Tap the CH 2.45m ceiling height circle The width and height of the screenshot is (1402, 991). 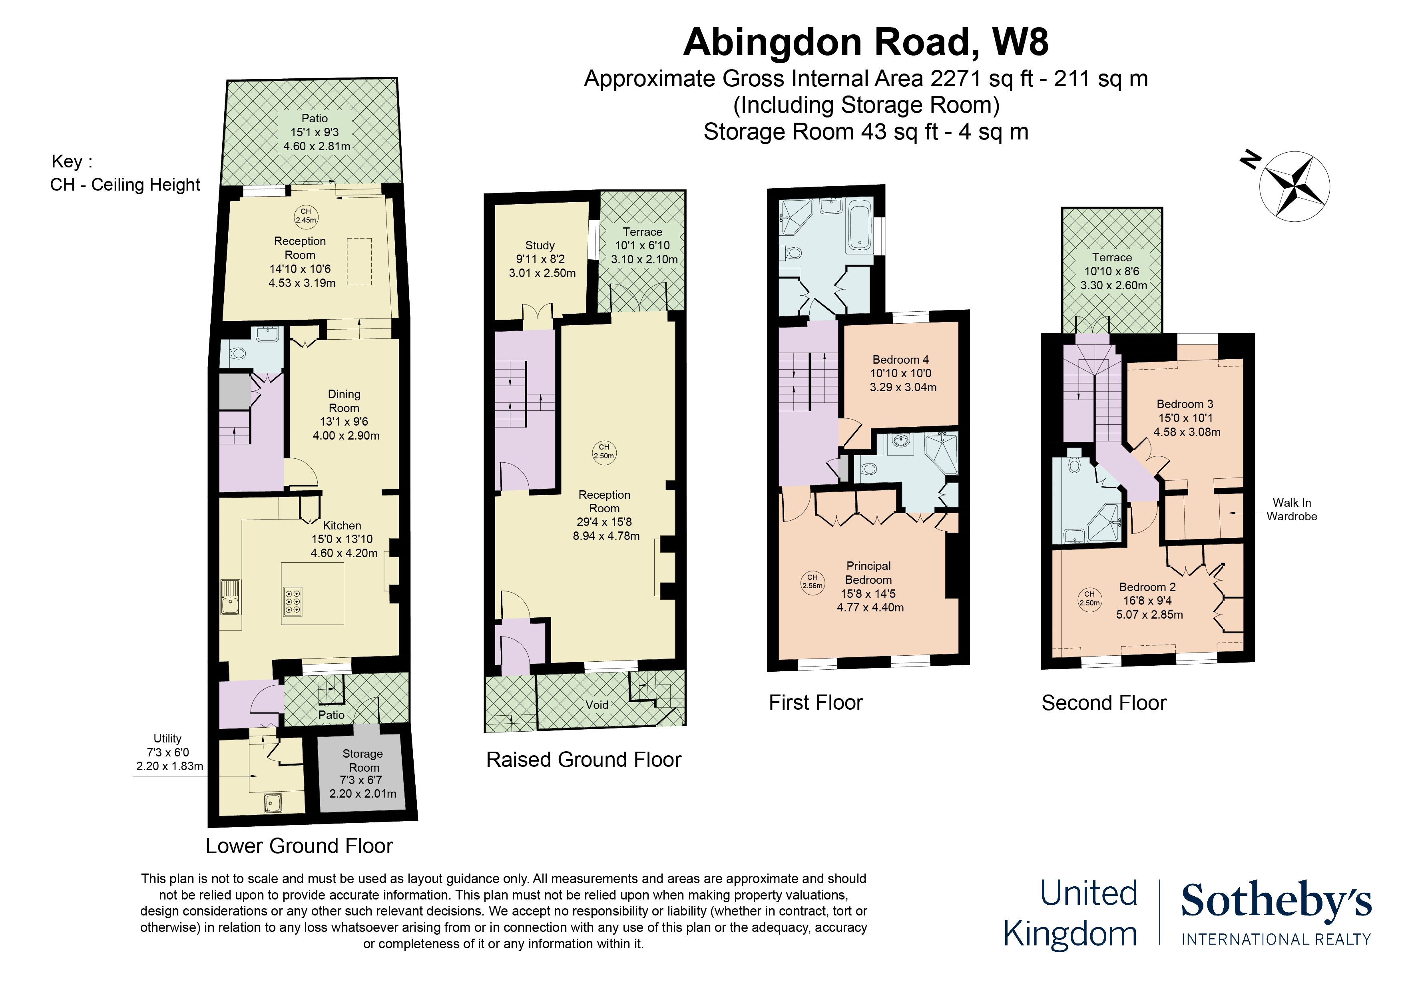[306, 216]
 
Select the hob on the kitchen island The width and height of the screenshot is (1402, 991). [293, 601]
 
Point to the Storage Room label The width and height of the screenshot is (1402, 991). [363, 760]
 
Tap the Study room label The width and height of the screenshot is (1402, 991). [540, 245]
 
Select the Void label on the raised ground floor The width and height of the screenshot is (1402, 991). [597, 704]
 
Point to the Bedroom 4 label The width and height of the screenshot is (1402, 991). [901, 360]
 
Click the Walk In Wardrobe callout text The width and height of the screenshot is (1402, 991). [1291, 509]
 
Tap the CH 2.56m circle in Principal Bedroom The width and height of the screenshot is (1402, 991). [812, 581]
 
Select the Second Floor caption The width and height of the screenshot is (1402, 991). [1103, 703]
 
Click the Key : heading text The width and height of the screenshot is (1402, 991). [72, 162]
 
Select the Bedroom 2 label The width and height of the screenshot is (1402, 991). [1147, 587]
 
